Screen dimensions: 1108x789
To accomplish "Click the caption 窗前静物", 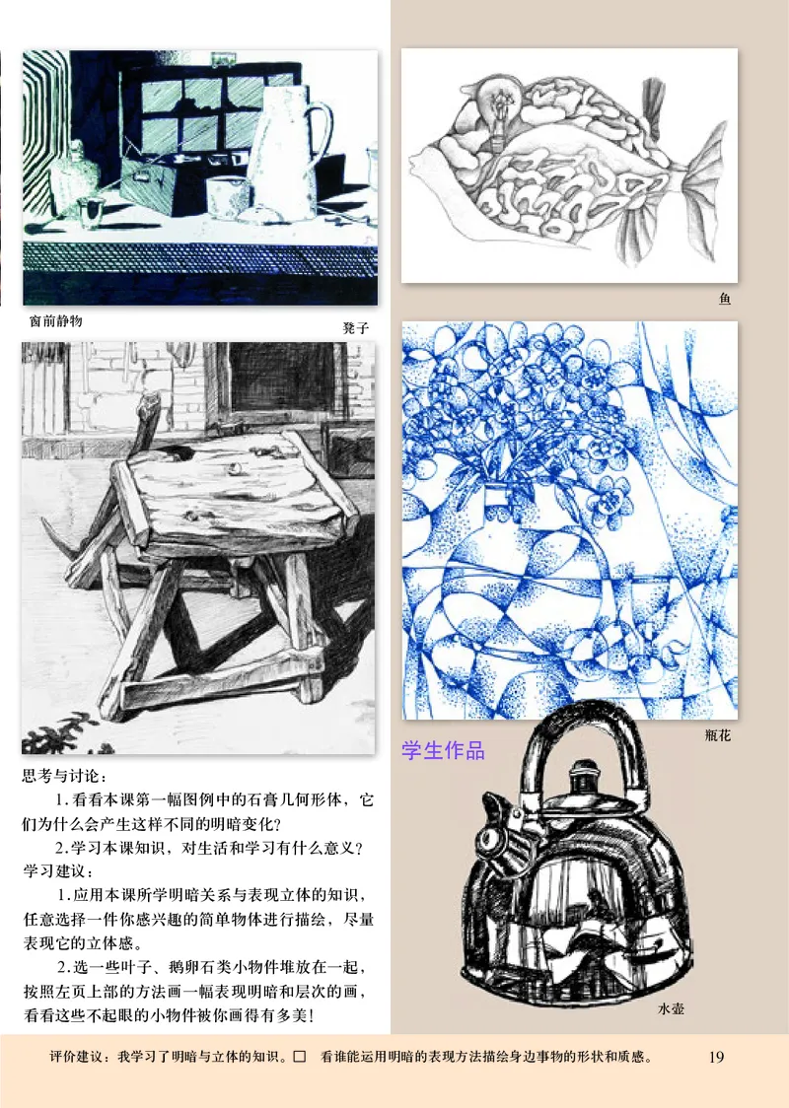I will (x=55, y=320).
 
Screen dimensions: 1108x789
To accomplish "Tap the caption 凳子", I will (x=355, y=327).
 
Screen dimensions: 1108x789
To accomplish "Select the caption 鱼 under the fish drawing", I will (x=725, y=300).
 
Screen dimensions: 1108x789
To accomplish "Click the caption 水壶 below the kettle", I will (x=671, y=1010).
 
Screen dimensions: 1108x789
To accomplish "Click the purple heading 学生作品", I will (x=444, y=751).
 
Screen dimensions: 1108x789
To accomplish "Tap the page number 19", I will (x=717, y=1058).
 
